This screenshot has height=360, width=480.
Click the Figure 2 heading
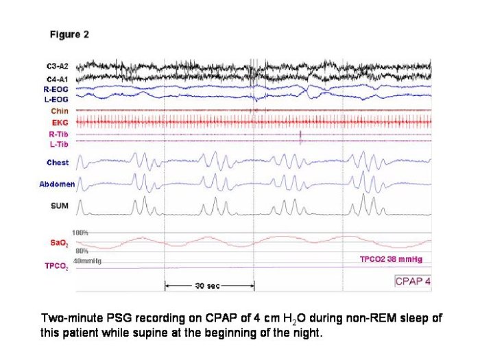[69, 34]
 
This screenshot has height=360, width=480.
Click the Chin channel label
[60, 110]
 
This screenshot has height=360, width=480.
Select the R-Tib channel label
[60, 133]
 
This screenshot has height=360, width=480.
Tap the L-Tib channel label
[60, 142]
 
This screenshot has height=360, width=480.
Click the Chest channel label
[58, 163]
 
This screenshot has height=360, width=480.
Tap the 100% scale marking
[80, 233]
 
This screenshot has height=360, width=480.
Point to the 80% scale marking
[80, 252]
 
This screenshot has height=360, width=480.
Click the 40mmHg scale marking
[87, 261]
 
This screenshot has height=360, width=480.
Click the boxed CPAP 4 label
[413, 280]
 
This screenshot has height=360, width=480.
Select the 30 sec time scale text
[208, 285]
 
